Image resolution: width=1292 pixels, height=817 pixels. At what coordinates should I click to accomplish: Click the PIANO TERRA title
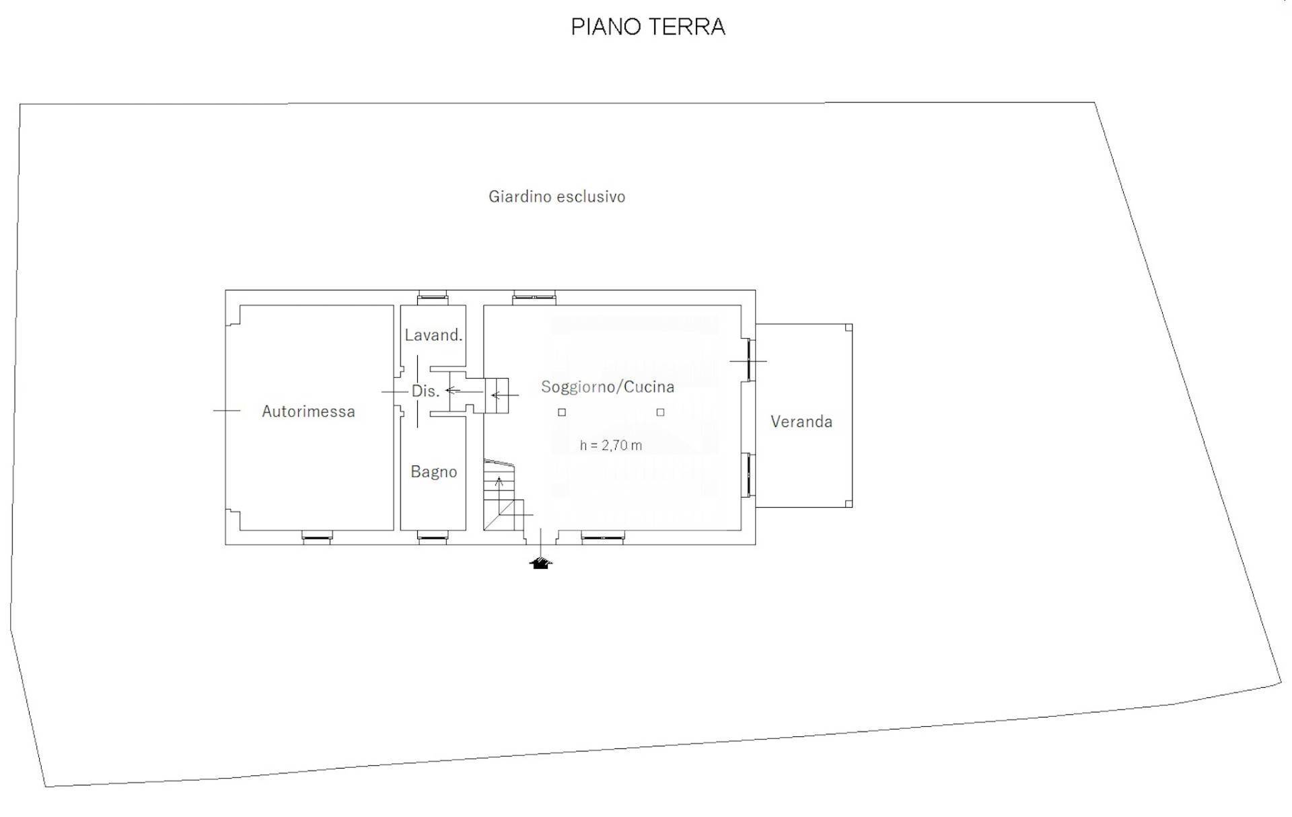click(647, 27)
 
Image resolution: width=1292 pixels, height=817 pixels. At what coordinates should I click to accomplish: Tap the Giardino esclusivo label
click(557, 196)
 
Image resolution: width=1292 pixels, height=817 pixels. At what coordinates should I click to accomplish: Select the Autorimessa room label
click(308, 412)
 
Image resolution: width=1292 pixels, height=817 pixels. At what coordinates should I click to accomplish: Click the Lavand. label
click(433, 335)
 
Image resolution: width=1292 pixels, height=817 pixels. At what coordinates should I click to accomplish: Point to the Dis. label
click(425, 391)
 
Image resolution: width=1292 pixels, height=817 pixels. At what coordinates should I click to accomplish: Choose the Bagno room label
click(433, 472)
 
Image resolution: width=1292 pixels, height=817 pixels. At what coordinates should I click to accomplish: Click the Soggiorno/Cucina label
click(607, 387)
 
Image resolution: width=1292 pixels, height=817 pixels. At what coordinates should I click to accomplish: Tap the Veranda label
click(801, 422)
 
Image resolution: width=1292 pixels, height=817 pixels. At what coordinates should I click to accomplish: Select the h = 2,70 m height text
click(610, 445)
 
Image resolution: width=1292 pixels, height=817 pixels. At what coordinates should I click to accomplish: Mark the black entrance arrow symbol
click(540, 563)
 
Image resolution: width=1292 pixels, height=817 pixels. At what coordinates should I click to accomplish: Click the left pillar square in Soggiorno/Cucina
click(562, 412)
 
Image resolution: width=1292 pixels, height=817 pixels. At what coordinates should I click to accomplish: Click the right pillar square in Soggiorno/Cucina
click(660, 412)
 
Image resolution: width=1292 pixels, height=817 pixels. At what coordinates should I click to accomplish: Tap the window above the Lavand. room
click(432, 296)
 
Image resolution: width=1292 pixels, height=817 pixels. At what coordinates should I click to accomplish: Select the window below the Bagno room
click(431, 537)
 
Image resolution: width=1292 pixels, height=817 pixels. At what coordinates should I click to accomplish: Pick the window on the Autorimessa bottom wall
click(316, 537)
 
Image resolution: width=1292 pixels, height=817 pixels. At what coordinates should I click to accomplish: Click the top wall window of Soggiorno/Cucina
click(534, 296)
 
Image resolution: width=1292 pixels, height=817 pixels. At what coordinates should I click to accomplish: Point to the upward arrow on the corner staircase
click(499, 482)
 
